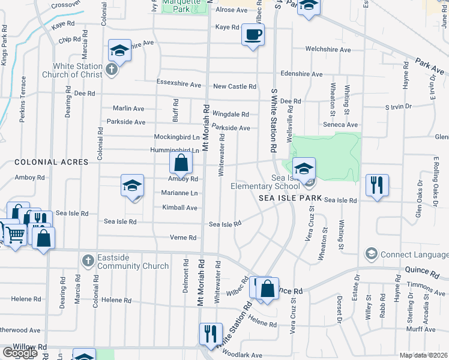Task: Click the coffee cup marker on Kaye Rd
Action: (x=253, y=34)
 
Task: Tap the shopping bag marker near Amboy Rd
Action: (x=181, y=162)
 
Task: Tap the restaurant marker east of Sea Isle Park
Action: (x=377, y=184)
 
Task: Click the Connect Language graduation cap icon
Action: (x=372, y=254)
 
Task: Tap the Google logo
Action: (x=19, y=352)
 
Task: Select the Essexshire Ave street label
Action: (x=178, y=85)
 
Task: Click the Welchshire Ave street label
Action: (x=328, y=49)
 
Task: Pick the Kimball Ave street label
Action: (x=179, y=208)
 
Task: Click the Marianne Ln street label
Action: (x=179, y=193)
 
